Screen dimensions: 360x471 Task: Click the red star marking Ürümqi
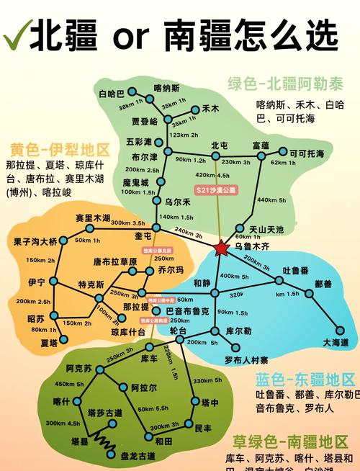click(x=220, y=248)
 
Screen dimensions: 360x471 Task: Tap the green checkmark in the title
click(x=16, y=33)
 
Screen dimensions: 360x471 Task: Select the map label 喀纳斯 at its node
click(x=166, y=88)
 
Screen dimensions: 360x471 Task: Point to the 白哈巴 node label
click(x=112, y=94)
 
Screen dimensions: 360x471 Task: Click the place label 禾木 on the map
click(x=210, y=109)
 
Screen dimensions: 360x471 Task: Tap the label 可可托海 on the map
click(x=306, y=153)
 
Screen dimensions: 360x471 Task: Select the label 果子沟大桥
click(x=35, y=241)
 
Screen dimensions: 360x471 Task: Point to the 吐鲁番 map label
click(x=296, y=270)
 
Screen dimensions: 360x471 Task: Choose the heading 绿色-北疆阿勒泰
click(x=286, y=83)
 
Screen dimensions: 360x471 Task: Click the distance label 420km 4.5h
click(x=212, y=175)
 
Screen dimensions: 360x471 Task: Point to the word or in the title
click(x=125, y=34)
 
